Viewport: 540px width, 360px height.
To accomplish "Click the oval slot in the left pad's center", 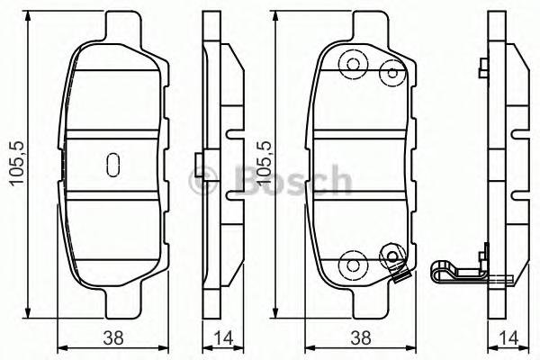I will click(112, 164).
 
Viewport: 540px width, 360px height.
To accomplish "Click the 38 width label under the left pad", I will click(112, 338).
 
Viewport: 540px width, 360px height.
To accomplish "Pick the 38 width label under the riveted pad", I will click(360, 338).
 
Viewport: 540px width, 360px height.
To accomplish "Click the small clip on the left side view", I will click(199, 165).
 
